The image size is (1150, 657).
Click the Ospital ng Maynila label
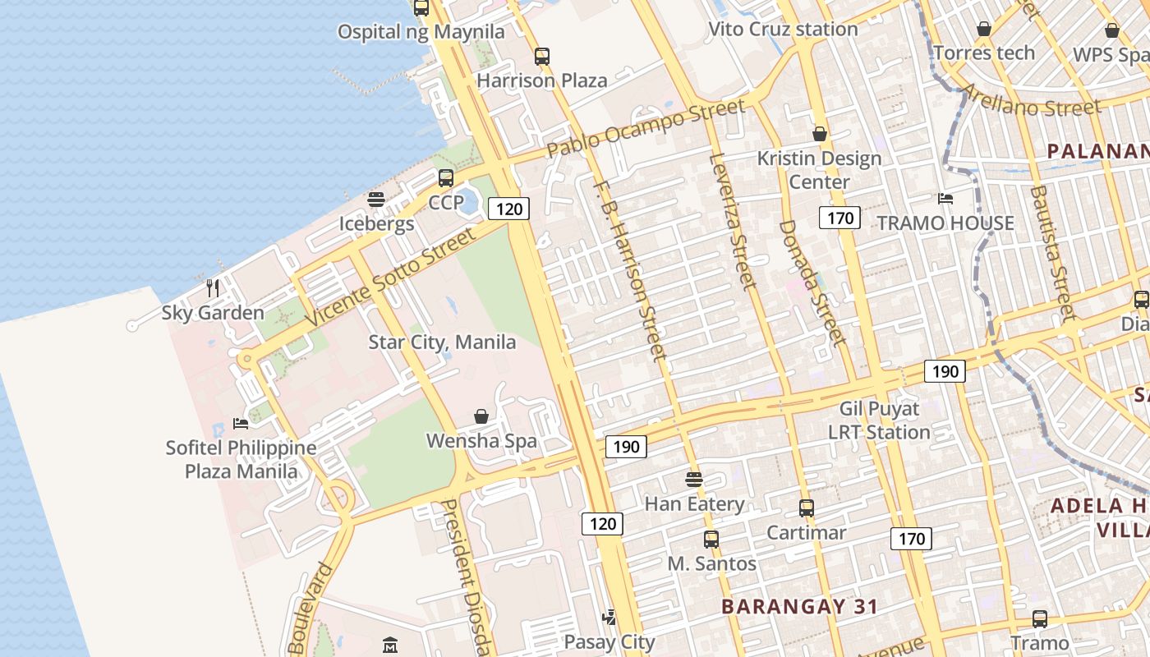[421, 33]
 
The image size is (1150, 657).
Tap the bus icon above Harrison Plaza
[542, 57]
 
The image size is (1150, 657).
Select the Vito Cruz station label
[783, 30]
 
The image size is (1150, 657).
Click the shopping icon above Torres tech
[984, 30]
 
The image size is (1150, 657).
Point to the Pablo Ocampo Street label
[646, 127]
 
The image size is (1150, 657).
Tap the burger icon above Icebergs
[376, 200]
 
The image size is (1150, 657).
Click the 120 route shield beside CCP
[509, 209]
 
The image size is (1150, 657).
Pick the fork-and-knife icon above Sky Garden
[213, 287]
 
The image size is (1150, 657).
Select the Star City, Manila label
[442, 342]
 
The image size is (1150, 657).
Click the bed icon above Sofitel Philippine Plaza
[241, 423]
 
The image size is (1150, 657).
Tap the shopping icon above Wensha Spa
[481, 417]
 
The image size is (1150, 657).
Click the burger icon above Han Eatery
[694, 479]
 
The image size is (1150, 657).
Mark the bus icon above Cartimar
[807, 508]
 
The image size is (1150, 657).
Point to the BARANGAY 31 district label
[799, 607]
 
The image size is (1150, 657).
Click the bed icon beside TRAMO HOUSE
[945, 199]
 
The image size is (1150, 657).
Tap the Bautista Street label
[1052, 251]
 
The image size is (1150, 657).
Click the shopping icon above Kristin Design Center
[819, 133]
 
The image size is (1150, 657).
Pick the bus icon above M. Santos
[711, 540]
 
